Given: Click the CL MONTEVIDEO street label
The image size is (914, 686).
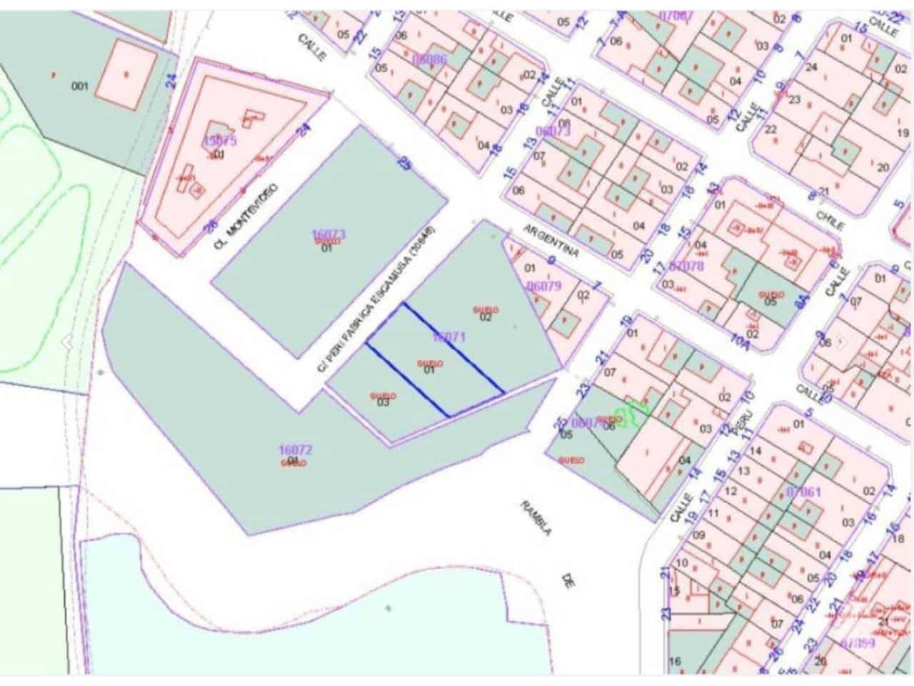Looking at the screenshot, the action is pyautogui.click(x=245, y=215).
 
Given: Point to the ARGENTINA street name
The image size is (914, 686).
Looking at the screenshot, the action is pyautogui.click(x=551, y=242).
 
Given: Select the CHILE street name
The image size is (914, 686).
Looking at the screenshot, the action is pyautogui.click(x=831, y=217).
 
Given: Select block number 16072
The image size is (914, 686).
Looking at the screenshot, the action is pyautogui.click(x=295, y=449).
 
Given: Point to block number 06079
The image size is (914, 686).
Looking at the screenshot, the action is pyautogui.click(x=544, y=286).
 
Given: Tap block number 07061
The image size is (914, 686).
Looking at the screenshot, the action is pyautogui.click(x=803, y=492).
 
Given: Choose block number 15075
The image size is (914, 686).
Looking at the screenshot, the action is pyautogui.click(x=219, y=140).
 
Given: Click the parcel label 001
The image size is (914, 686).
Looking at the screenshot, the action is pyautogui.click(x=80, y=86).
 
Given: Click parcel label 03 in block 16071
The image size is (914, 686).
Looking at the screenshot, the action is pyautogui.click(x=383, y=402).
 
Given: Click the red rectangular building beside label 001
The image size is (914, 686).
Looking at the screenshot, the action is pyautogui.click(x=126, y=74).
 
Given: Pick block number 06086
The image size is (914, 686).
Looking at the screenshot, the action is pyautogui.click(x=429, y=59).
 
